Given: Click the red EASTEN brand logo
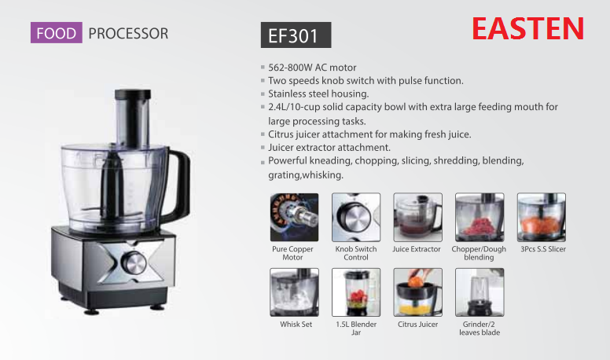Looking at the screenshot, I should pyautogui.click(x=527, y=28).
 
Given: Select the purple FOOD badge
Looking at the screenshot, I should pyautogui.click(x=56, y=33).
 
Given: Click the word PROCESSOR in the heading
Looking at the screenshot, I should pyautogui.click(x=128, y=33).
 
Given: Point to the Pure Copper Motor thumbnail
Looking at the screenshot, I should pyautogui.click(x=292, y=217).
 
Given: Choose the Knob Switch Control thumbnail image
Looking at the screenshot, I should pyautogui.click(x=355, y=217).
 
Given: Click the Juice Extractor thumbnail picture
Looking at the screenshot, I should pyautogui.click(x=417, y=217).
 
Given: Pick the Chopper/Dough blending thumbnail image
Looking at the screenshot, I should pyautogui.click(x=479, y=217).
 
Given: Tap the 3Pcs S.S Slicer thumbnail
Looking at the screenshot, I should pyautogui.click(x=541, y=217).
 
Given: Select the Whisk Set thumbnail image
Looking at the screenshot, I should pyautogui.click(x=294, y=292).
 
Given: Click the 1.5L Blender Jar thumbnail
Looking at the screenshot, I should pyautogui.click(x=355, y=292).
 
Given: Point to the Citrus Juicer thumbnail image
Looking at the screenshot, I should pyautogui.click(x=417, y=292).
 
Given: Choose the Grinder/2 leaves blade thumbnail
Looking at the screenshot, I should pyautogui.click(x=479, y=292).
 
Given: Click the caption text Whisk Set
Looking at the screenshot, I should pyautogui.click(x=296, y=324).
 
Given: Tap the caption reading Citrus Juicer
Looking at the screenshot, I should pyautogui.click(x=417, y=324).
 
